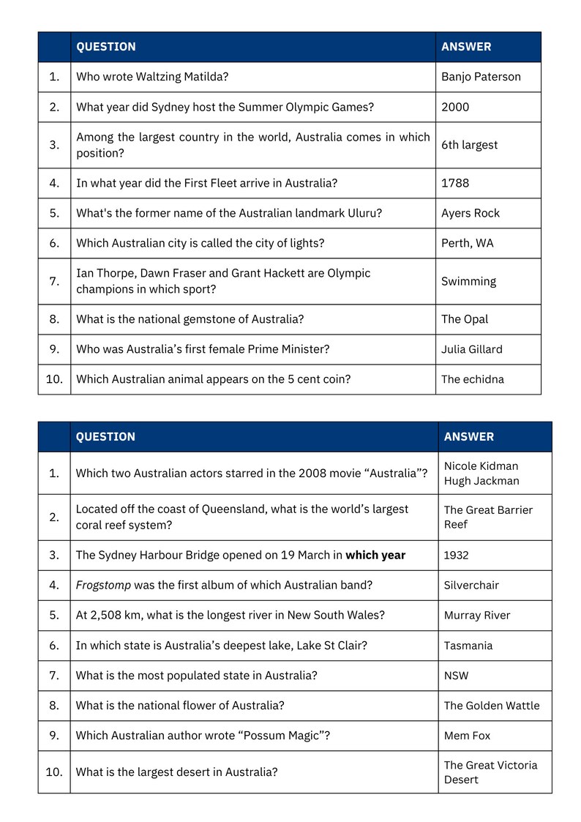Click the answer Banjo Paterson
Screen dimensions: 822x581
tap(481, 77)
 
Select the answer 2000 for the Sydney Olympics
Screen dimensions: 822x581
tap(455, 107)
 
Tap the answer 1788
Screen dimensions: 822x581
tap(455, 183)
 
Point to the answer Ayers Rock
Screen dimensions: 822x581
tap(471, 213)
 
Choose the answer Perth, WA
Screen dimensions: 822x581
tap(467, 243)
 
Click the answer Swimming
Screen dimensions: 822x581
tap(468, 281)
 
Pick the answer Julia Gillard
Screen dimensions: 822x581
tap(471, 349)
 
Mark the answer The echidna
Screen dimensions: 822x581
tap(472, 379)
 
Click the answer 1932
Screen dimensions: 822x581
tap(456, 555)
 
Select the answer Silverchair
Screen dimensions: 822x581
tap(471, 585)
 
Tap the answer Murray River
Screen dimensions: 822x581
tap(477, 615)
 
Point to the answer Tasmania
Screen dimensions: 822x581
tap(468, 646)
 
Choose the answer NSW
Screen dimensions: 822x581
tap(456, 676)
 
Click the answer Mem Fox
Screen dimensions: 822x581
tap(467, 736)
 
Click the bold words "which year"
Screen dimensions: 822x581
tap(375, 555)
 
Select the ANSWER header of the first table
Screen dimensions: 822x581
tap(466, 47)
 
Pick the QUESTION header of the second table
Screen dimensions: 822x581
tap(105, 437)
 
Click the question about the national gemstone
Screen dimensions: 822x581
tap(190, 319)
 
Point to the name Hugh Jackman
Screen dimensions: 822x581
tap(481, 481)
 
